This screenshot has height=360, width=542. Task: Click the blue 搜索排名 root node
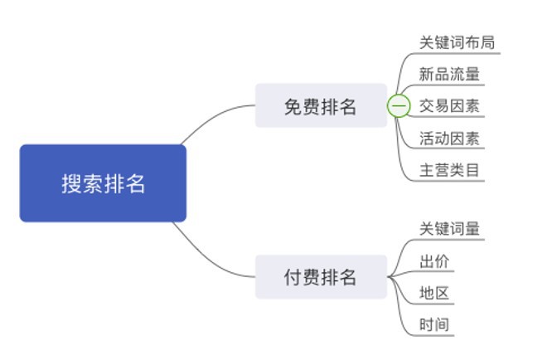[x=103, y=183]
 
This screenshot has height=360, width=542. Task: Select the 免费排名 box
[x=321, y=105]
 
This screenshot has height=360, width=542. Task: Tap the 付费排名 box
[x=321, y=276]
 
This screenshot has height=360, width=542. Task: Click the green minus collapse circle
[x=399, y=106]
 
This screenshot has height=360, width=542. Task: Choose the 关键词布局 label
[x=457, y=43]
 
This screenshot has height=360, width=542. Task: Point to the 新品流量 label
[x=449, y=75]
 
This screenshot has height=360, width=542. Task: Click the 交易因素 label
[x=449, y=106]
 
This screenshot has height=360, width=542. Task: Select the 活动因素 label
[x=449, y=138]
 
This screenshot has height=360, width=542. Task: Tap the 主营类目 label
[x=449, y=170]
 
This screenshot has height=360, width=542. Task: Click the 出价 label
[x=434, y=261]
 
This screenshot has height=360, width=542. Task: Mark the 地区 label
[x=434, y=293]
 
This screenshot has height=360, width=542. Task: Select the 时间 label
[x=434, y=324]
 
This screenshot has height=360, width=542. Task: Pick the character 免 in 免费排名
[x=293, y=106]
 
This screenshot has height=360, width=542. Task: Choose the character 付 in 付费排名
[x=293, y=277]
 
